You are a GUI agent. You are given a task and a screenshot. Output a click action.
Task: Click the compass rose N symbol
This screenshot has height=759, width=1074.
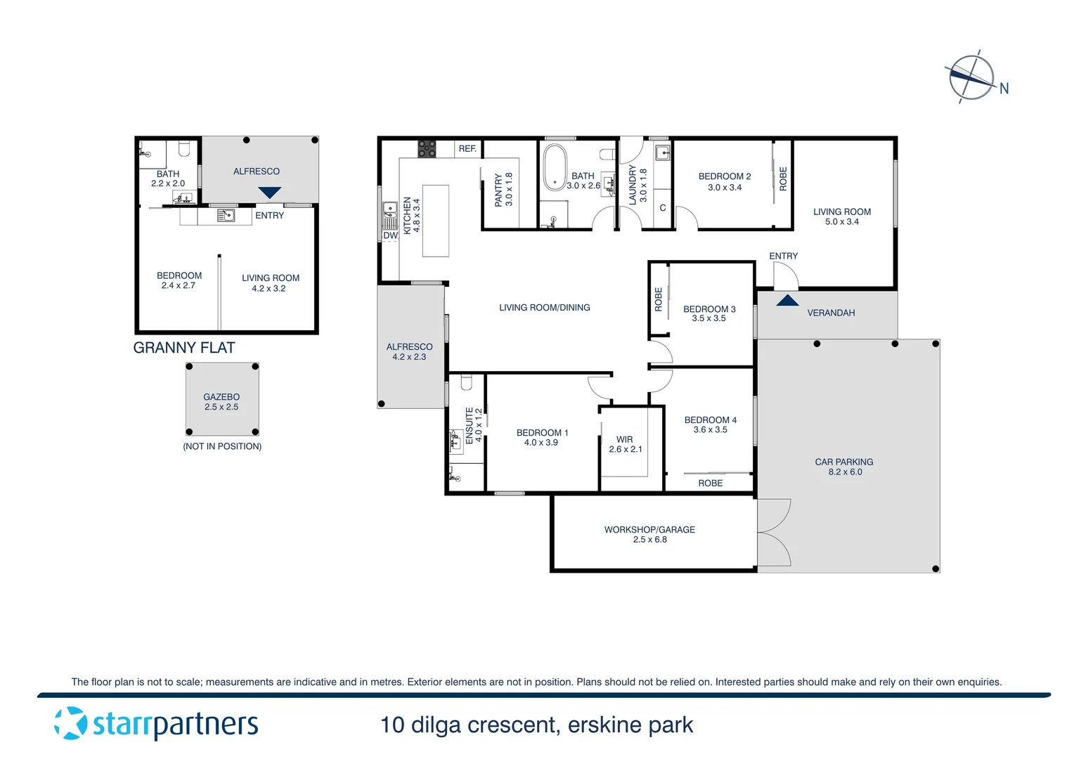1004,89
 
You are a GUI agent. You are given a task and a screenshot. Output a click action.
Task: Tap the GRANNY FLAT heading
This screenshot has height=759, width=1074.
184,348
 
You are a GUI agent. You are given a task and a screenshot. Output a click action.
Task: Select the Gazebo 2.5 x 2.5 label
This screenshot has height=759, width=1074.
221,402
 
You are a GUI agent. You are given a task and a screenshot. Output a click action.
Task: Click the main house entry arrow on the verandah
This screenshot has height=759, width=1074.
787,301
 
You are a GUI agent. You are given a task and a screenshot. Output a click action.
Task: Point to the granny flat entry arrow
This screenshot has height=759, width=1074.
270,193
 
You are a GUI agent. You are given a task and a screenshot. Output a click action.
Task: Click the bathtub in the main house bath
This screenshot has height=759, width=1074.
555,169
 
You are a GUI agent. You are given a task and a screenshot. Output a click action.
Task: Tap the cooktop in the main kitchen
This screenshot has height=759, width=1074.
427,148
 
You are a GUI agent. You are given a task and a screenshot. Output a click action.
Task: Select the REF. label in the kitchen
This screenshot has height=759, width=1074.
467,149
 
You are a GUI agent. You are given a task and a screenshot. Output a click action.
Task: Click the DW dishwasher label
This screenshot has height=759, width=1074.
390,236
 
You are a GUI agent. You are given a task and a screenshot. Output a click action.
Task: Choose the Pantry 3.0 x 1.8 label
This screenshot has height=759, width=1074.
503,190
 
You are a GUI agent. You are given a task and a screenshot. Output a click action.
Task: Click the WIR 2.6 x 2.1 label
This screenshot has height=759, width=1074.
625,444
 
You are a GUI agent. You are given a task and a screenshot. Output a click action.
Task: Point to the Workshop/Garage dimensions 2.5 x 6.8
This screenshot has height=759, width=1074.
649,540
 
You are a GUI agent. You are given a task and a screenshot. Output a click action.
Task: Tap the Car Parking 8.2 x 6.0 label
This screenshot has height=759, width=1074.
844,467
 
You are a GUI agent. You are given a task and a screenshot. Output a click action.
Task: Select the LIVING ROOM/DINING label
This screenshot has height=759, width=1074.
545,308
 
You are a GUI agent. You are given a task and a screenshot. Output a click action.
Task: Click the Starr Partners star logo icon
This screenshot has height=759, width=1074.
70,723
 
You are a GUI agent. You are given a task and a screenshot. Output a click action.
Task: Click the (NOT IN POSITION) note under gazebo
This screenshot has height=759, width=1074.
222,446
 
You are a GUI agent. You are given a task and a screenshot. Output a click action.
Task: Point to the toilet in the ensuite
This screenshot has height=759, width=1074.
466,382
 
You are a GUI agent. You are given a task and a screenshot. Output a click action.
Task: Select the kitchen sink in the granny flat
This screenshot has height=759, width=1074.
226,216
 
